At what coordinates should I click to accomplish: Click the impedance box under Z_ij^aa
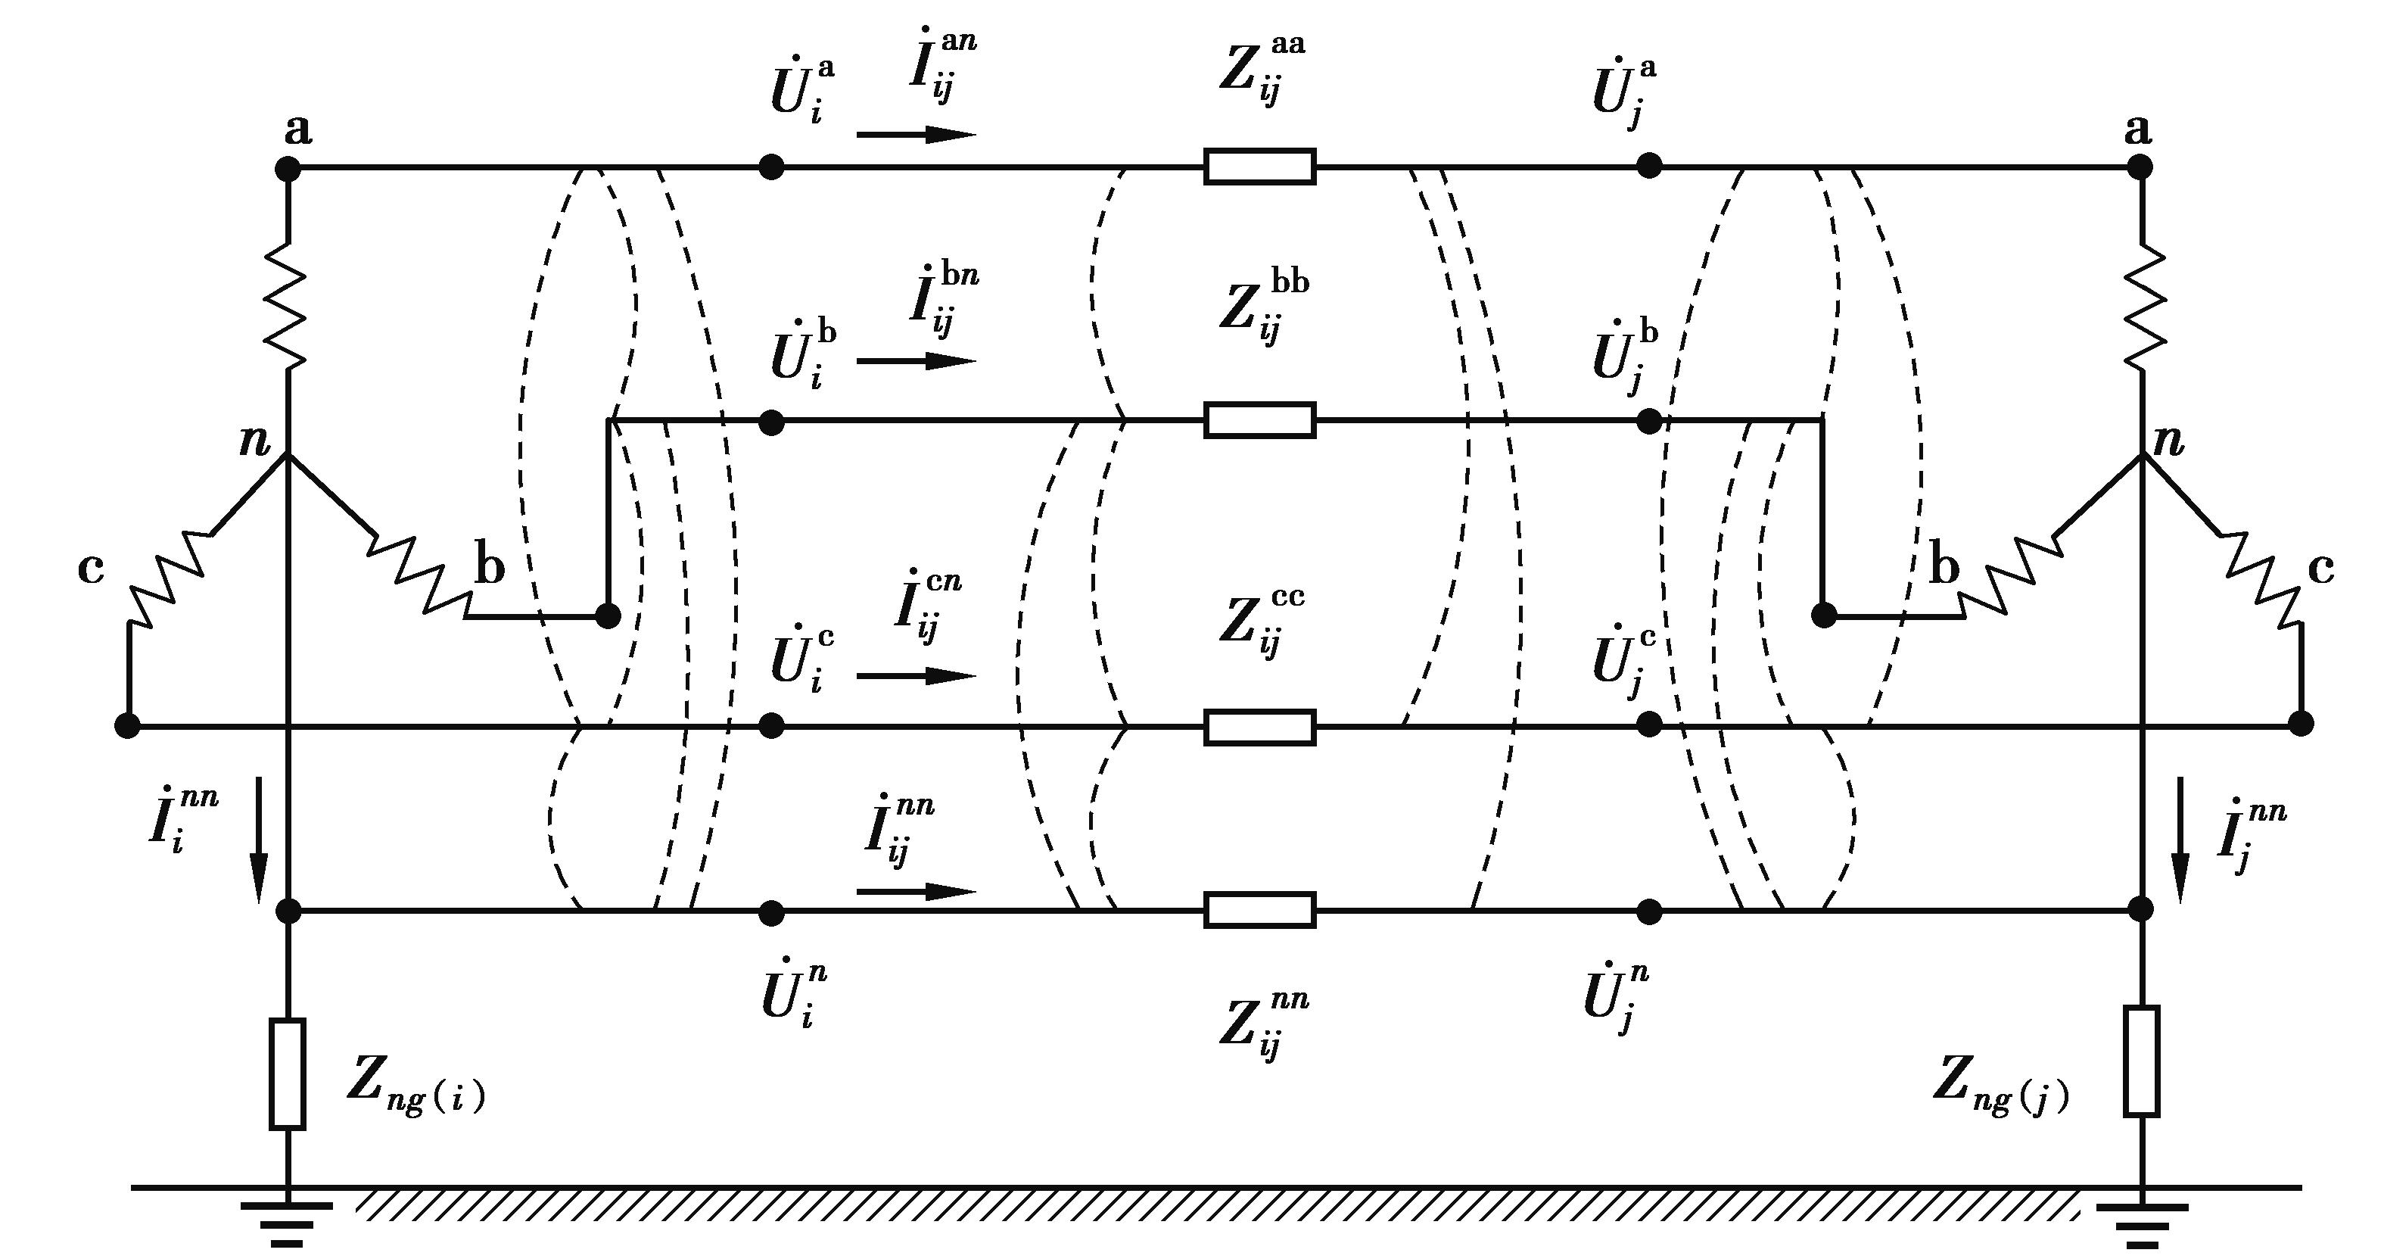(x=1259, y=167)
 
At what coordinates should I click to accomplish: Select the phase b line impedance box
(x=1259, y=420)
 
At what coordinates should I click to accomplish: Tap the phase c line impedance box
(x=1259, y=727)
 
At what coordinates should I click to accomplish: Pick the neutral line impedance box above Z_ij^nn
(x=1259, y=910)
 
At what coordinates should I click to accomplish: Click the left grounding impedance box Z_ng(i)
(x=287, y=1074)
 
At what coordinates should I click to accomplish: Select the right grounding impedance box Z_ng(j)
(x=2142, y=1061)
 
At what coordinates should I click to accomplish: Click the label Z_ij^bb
(x=1263, y=306)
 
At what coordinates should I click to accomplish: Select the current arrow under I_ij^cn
(x=917, y=676)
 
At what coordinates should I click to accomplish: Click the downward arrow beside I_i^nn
(x=259, y=839)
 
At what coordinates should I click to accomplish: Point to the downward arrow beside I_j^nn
(x=2180, y=839)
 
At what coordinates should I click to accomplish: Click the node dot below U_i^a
(x=771, y=167)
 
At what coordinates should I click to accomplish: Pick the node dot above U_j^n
(x=1649, y=912)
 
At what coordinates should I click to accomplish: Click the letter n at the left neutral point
(x=254, y=441)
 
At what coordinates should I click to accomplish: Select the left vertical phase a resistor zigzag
(x=287, y=306)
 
